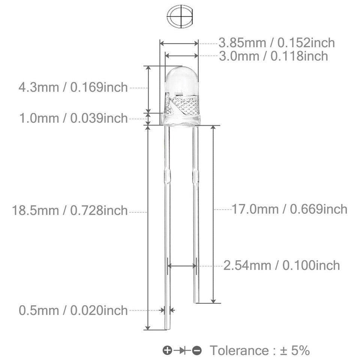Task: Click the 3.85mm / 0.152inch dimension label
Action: tap(277, 43)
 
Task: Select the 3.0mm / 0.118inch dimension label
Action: tap(273, 56)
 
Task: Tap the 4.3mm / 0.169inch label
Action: tap(73, 88)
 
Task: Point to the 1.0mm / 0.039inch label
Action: tap(73, 118)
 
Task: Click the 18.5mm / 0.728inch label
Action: tap(70, 210)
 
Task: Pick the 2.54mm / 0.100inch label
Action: tap(282, 265)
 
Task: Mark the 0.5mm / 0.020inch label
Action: tap(73, 310)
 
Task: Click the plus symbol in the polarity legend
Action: tap(167, 351)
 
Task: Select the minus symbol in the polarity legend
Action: tap(197, 351)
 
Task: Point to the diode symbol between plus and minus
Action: tap(182, 351)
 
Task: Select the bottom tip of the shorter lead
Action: tap(196, 301)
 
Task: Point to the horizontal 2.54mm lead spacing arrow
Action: tap(182, 266)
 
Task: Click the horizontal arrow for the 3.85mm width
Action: tap(179, 43)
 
